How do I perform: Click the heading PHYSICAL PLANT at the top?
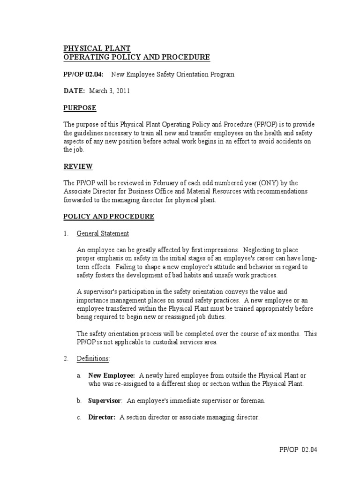pos(97,48)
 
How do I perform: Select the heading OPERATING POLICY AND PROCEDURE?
pos(136,57)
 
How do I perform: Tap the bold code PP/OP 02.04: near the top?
pos(84,75)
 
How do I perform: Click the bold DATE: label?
pos(74,91)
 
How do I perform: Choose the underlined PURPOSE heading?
pos(80,108)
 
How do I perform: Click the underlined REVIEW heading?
pos(78,166)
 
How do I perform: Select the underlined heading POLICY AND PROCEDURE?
pos(109,217)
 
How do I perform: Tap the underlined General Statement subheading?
pos(103,233)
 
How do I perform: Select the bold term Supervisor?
pos(105,400)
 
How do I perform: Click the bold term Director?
pos(102,417)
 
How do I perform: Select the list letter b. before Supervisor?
pos(79,400)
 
